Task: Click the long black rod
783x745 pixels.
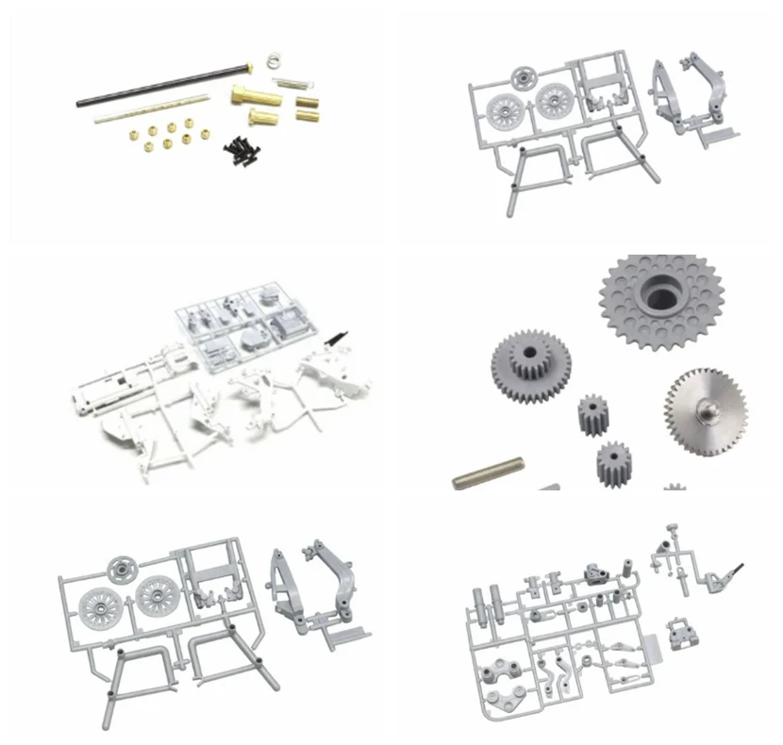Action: tap(160, 86)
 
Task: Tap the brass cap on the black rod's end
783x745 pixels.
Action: tap(249, 65)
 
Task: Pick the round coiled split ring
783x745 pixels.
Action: tap(272, 59)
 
